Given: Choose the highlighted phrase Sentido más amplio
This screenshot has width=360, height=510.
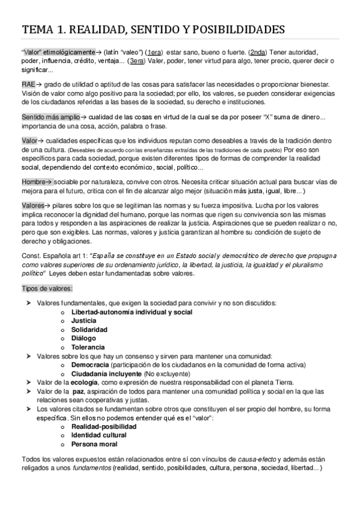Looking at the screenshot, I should click(x=49, y=116).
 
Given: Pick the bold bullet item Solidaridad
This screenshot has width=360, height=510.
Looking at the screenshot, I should click(x=89, y=330).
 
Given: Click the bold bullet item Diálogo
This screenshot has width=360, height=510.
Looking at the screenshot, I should click(x=85, y=339).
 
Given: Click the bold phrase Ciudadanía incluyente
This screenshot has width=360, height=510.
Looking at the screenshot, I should click(x=106, y=373).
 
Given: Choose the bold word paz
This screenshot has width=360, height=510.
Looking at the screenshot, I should click(x=77, y=391).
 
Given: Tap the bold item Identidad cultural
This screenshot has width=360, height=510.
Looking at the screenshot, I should click(x=99, y=435).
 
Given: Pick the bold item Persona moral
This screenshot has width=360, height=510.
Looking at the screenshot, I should click(x=94, y=444).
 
